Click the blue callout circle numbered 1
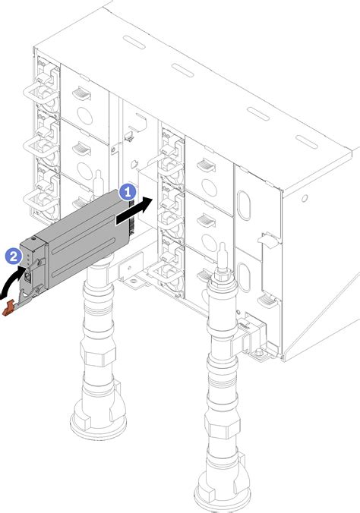click(128, 194)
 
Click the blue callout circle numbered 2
click(13, 257)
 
